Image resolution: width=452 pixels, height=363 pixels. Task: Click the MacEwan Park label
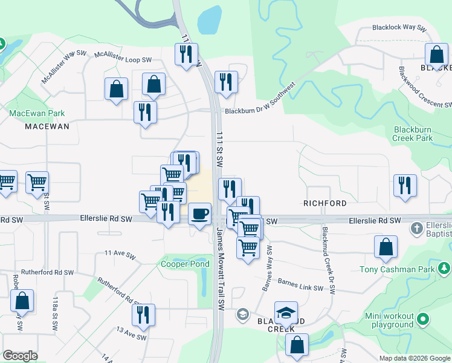click(37, 113)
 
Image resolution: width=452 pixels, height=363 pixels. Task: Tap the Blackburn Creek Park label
click(413, 134)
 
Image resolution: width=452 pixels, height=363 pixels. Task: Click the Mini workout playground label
click(390, 321)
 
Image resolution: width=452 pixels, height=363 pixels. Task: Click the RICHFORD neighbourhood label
click(325, 203)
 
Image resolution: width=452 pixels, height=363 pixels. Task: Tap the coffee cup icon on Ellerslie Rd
click(199, 214)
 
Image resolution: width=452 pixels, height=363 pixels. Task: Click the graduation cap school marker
click(286, 313)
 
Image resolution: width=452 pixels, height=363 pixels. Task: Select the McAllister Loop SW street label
click(123, 58)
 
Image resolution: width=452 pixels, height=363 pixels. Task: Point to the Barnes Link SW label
click(300, 285)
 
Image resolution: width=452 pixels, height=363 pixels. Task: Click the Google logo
click(20, 356)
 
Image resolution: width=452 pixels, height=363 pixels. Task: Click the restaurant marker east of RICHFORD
click(405, 186)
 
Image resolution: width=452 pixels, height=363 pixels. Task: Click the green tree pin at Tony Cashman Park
click(444, 267)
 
